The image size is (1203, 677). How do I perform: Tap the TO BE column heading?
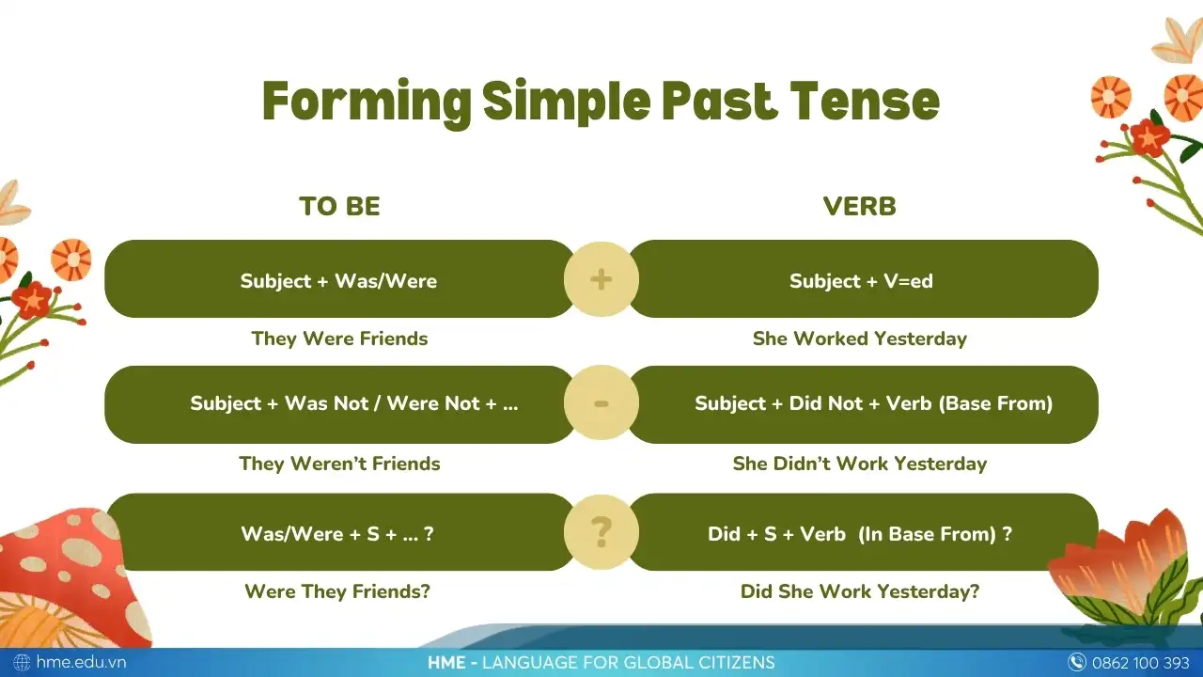[339, 206]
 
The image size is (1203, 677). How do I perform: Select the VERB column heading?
[859, 206]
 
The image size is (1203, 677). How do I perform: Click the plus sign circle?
[601, 279]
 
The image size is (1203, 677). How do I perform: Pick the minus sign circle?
[601, 403]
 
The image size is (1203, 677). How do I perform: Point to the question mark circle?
[601, 532]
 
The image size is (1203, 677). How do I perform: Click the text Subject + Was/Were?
[338, 281]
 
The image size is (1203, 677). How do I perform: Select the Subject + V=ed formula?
[861, 281]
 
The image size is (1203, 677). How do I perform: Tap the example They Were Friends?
[339, 338]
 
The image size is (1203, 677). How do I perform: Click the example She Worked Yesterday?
[859, 338]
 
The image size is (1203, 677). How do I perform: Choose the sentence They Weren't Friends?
[339, 464]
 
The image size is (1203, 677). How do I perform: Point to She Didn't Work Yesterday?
[859, 464]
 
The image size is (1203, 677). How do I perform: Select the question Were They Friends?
[337, 591]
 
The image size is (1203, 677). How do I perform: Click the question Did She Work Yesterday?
[860, 591]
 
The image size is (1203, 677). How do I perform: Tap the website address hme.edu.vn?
[81, 662]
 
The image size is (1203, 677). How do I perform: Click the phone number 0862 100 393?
[1141, 663]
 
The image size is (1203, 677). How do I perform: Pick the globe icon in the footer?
[22, 663]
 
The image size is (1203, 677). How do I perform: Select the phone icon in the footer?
[1077, 663]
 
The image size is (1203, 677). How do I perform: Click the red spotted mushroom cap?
[65, 559]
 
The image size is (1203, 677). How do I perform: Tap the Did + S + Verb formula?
[860, 534]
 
